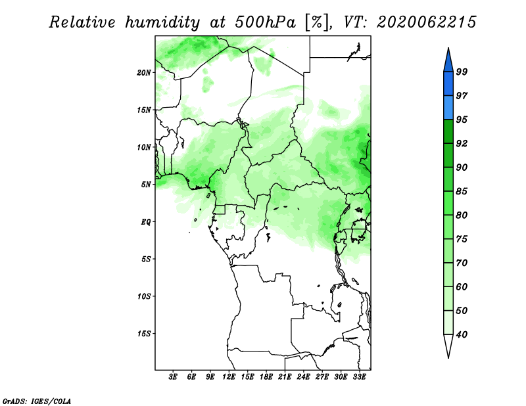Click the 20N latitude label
[x=144, y=72]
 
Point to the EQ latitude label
[x=146, y=221]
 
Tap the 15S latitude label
[x=144, y=334]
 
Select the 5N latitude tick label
[x=146, y=185]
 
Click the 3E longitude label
[x=173, y=376]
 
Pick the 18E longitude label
[x=266, y=376]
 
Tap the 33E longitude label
[x=359, y=376]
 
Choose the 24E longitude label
[x=303, y=376]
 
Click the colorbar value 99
[x=462, y=72]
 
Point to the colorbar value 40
[x=462, y=334]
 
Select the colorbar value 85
[x=462, y=191]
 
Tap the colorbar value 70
[x=462, y=263]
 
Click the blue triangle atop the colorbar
[x=448, y=62]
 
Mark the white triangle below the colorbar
[x=448, y=344]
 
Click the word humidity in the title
[x=162, y=22]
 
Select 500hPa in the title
[x=265, y=22]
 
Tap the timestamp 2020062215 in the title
[x=426, y=22]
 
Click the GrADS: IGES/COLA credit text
[x=37, y=401]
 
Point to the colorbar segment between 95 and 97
[x=448, y=108]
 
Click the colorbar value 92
[x=462, y=143]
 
